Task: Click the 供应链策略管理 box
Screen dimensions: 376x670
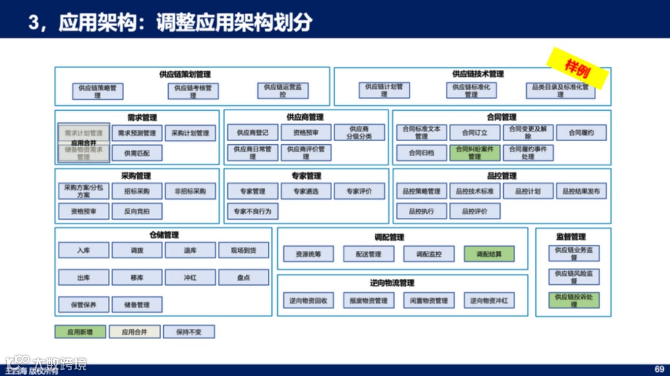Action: [97, 91]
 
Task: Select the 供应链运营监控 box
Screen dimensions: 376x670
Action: [283, 90]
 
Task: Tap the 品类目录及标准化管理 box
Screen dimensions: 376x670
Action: [560, 90]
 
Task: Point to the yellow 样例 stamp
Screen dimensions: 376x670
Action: [578, 69]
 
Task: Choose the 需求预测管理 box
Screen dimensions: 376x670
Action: [137, 133]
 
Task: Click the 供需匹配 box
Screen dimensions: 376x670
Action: [137, 153]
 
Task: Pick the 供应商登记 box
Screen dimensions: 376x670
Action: [252, 133]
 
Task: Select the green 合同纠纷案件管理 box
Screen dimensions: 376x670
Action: [475, 152]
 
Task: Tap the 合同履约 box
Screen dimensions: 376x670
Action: [581, 133]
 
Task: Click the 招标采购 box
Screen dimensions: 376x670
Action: [137, 191]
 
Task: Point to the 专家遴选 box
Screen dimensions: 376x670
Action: [306, 191]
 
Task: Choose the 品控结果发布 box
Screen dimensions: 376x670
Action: [581, 191]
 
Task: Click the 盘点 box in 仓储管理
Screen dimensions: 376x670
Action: [244, 278]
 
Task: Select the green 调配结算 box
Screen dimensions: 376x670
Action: [489, 254]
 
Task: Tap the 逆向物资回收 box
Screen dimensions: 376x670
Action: [308, 301]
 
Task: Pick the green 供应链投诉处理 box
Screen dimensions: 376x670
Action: [574, 300]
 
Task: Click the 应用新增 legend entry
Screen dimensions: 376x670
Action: [80, 332]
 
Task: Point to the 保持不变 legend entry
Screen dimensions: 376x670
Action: [189, 332]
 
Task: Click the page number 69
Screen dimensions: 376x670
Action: [659, 369]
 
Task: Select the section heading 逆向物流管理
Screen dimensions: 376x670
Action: [392, 283]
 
